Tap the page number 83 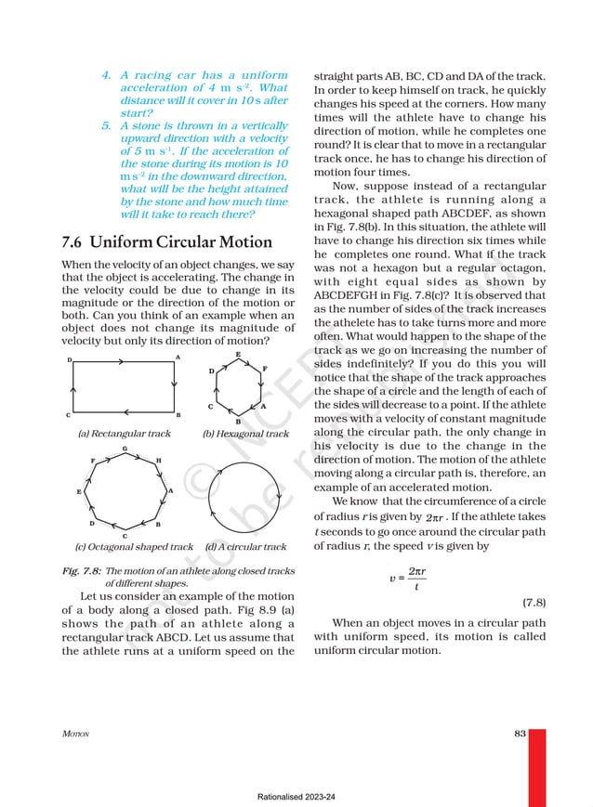tap(519, 734)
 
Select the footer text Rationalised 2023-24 tap(296, 797)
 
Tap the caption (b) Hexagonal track tap(245, 434)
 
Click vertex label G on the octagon tap(125, 449)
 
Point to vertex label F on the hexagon tap(265, 369)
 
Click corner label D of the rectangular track tap(69, 358)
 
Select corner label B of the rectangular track tap(178, 415)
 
